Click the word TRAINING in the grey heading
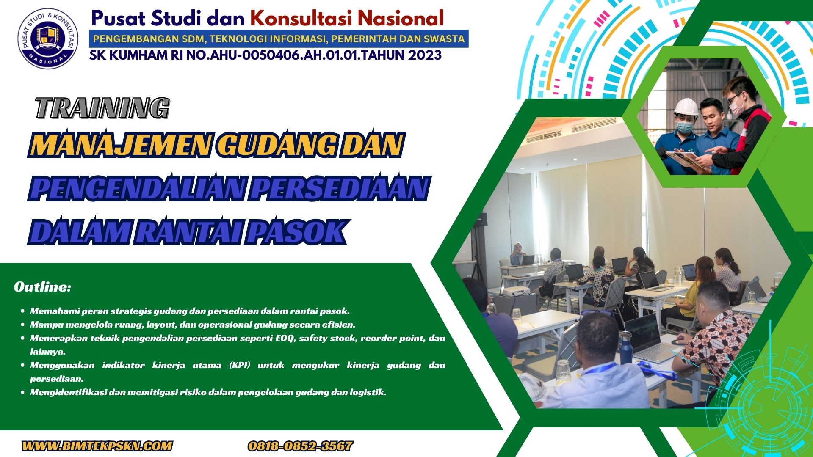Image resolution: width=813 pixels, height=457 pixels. pyautogui.click(x=102, y=108)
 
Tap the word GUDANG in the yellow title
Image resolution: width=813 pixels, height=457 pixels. pyautogui.click(x=277, y=145)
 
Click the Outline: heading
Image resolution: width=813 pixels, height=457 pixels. pyautogui.click(x=42, y=287)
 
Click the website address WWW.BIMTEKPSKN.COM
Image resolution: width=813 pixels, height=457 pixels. pyautogui.click(x=97, y=446)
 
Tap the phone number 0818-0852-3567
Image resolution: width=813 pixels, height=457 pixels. pyautogui.click(x=300, y=446)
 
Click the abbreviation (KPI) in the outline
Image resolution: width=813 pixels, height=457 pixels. pyautogui.click(x=240, y=365)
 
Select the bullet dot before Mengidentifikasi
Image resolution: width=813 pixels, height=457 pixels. pyautogui.click(x=22, y=392)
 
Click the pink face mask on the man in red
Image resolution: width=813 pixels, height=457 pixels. pyautogui.click(x=737, y=106)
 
